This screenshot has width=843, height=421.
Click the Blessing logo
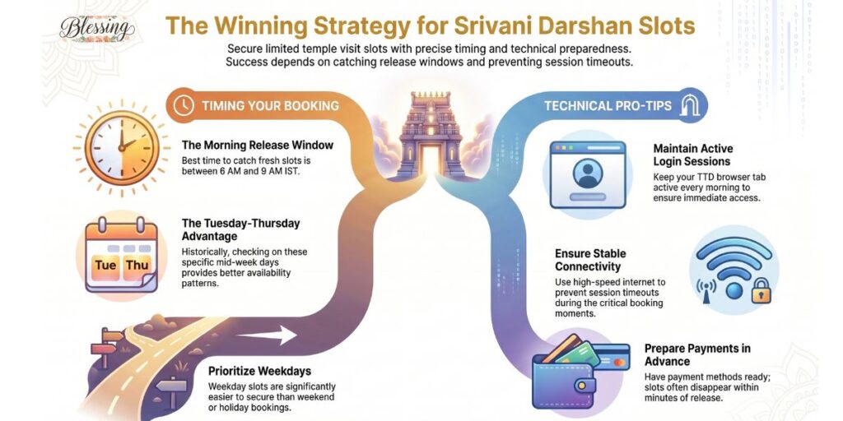(97, 28)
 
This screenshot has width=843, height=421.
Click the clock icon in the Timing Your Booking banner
(184, 106)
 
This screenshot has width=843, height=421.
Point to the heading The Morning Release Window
(258, 146)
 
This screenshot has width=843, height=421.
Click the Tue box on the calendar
(105, 265)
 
